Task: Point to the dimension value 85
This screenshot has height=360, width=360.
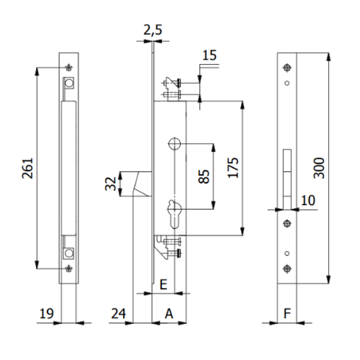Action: [x=204, y=176]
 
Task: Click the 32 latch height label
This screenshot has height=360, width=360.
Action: [x=110, y=184]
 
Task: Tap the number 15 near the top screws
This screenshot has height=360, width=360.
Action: [x=209, y=56]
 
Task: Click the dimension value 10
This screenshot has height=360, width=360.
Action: [x=308, y=200]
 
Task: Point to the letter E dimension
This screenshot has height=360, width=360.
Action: [x=163, y=284]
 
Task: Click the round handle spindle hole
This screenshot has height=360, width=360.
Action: [x=174, y=143]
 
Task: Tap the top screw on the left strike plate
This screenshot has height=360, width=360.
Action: [x=70, y=67]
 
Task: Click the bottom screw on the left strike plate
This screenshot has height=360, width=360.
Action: [x=70, y=268]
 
